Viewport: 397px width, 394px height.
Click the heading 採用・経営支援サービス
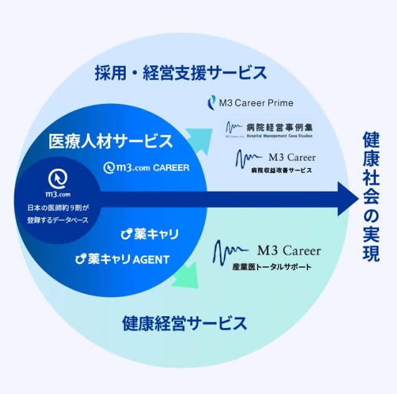point(181,72)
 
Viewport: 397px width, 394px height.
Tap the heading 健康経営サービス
point(185,324)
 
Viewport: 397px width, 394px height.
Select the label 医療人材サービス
point(111,141)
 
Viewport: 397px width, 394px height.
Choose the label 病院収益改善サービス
point(281,170)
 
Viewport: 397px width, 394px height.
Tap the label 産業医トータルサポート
point(274,268)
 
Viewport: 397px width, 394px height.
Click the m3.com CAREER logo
point(147,167)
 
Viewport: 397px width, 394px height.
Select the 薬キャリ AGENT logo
point(121,259)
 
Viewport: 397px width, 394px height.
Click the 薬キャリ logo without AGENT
point(149,234)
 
